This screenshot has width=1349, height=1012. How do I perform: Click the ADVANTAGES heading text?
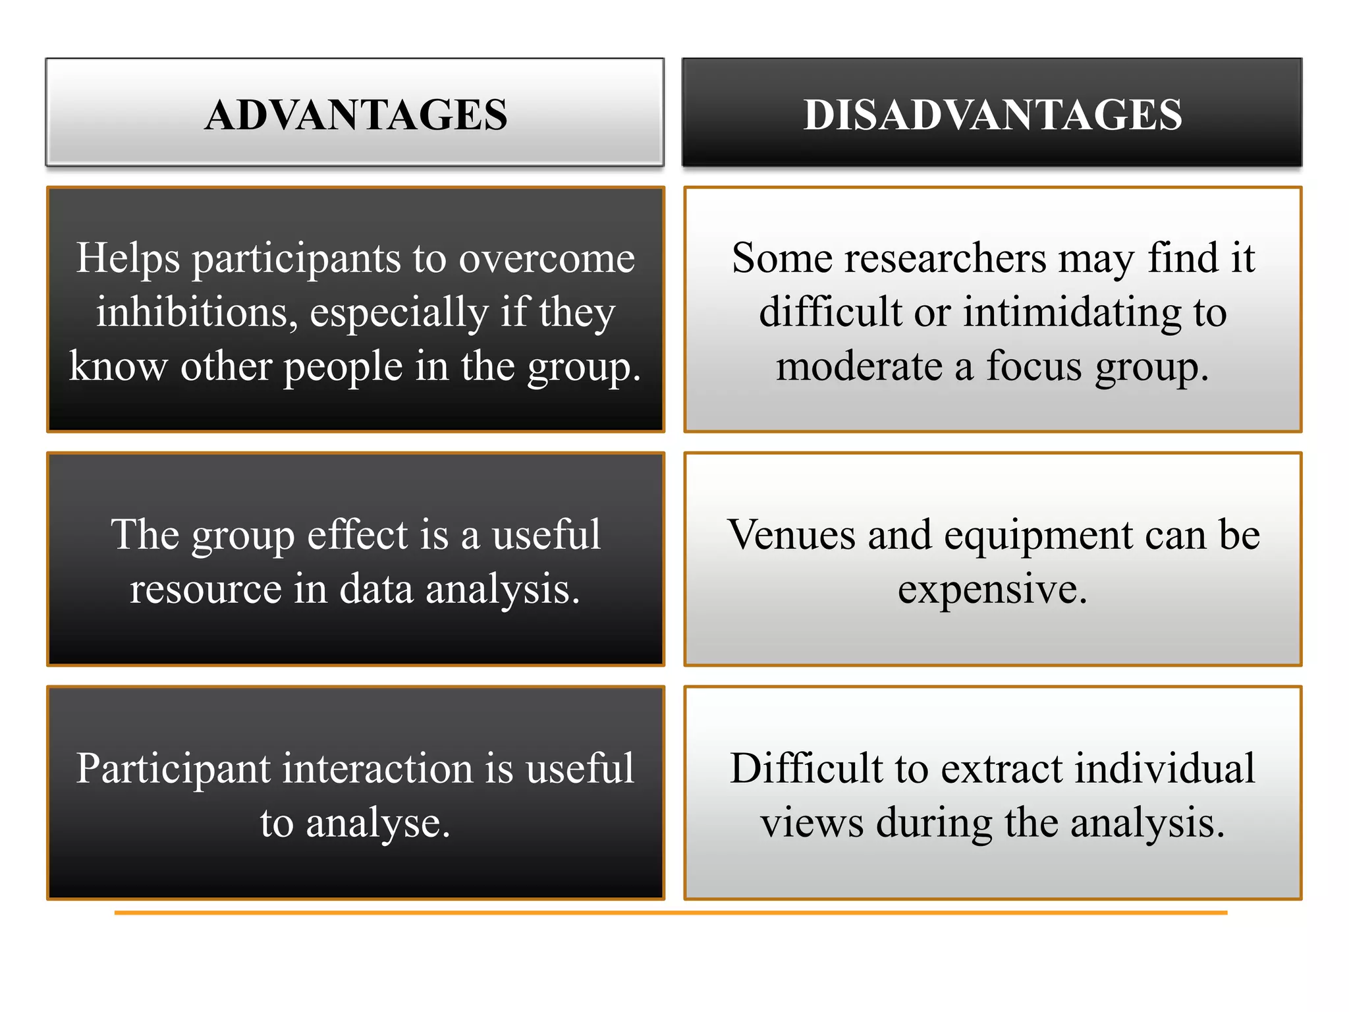(356, 115)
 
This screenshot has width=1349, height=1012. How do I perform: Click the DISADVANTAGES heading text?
(993, 115)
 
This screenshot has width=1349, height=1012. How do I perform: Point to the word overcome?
(547, 259)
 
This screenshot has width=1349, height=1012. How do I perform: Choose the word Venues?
(791, 534)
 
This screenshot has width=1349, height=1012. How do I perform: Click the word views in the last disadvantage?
(812, 824)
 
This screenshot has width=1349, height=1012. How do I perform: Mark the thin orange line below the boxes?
(671, 913)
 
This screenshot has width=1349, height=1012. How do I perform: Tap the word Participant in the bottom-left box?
(173, 770)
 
